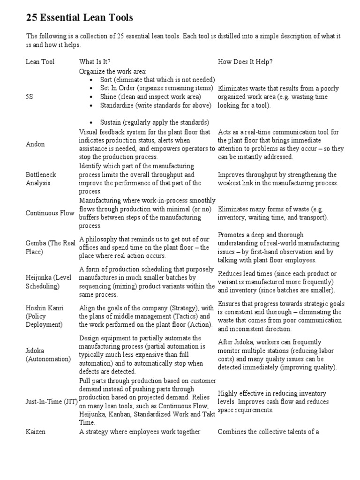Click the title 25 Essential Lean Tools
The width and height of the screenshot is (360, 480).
pyautogui.click(x=79, y=18)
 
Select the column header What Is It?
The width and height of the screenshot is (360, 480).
pyautogui.click(x=95, y=61)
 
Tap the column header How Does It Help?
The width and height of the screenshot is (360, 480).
pyautogui.click(x=246, y=61)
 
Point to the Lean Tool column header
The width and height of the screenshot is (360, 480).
pyautogui.click(x=40, y=61)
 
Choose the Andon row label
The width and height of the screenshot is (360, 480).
pyautogui.click(x=35, y=144)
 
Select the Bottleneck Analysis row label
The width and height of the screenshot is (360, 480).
pyautogui.click(x=41, y=179)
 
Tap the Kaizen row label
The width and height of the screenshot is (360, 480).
pyautogui.click(x=36, y=432)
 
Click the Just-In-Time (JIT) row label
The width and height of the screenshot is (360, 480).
pyautogui.click(x=52, y=402)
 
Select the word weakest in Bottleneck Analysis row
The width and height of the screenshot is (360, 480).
pyautogui.click(x=232, y=183)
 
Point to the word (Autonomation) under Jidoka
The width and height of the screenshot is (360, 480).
pyautogui.click(x=48, y=360)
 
